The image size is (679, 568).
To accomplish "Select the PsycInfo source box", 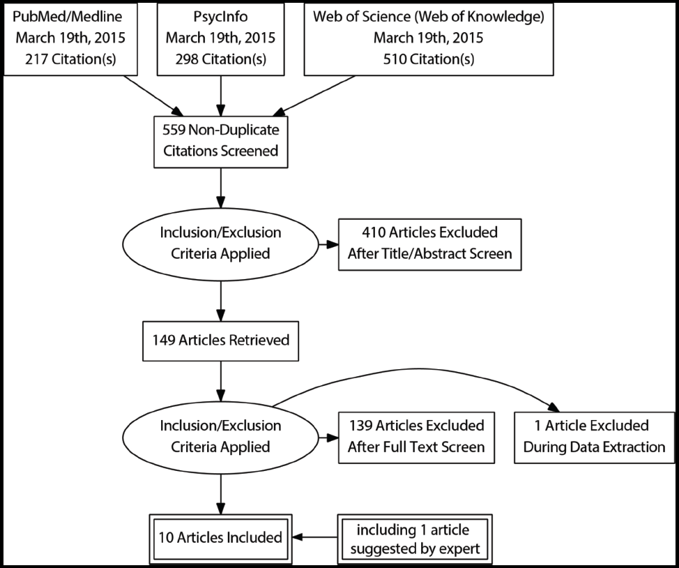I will (220, 38).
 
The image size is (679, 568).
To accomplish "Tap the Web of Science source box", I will (429, 38).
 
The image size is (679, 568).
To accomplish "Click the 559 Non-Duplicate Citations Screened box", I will (220, 141).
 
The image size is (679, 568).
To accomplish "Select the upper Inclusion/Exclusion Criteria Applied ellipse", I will (220, 243).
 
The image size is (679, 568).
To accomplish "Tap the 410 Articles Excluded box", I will (429, 243).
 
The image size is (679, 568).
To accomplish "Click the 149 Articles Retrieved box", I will (220, 341).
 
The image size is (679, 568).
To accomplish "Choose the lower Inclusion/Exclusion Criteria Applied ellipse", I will (220, 436).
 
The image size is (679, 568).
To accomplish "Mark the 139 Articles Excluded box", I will (415, 436).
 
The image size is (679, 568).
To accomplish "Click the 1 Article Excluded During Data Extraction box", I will (594, 436).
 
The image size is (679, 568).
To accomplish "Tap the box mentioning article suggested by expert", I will (415, 537).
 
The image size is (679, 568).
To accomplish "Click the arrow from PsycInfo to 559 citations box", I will (220, 94).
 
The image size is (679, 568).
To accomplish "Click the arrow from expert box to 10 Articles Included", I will (315, 537).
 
